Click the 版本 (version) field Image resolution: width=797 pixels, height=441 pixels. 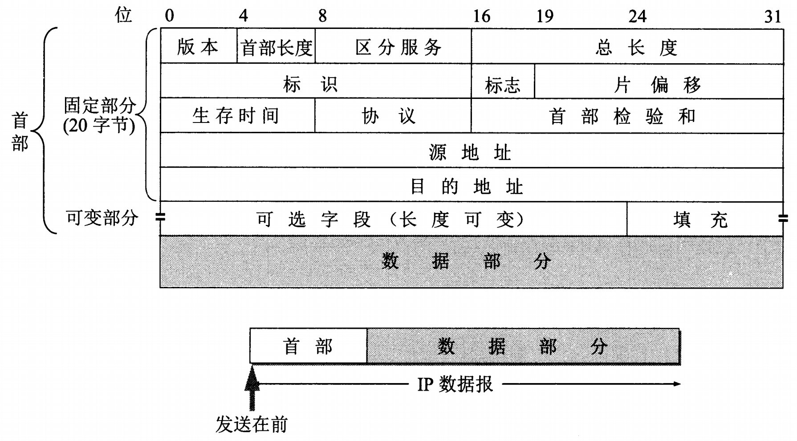pyautogui.click(x=198, y=47)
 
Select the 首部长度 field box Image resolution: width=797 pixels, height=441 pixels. pyautogui.click(x=276, y=47)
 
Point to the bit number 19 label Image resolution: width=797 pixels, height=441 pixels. pyautogui.click(x=545, y=16)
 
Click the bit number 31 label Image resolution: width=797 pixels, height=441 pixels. pyautogui.click(x=773, y=16)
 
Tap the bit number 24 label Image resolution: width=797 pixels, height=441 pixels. pyautogui.click(x=637, y=16)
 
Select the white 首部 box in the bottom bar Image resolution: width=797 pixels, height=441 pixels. pyautogui.click(x=308, y=346)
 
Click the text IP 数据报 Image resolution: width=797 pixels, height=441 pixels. pyautogui.click(x=455, y=384)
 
